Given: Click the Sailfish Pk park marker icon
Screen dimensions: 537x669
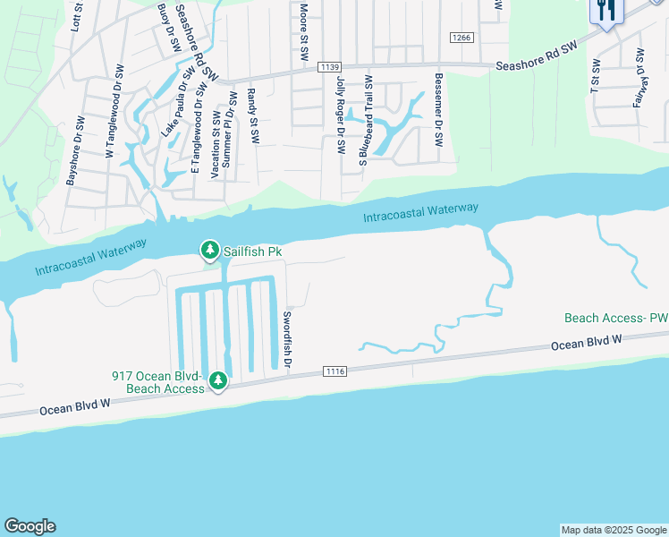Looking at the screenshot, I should click(209, 250).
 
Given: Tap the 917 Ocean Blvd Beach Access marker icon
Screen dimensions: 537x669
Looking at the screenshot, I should click(217, 382).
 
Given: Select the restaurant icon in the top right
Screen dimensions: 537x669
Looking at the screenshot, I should click(605, 11).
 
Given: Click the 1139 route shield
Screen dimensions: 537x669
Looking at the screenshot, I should click(329, 66).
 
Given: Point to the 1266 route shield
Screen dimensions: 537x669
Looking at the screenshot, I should click(461, 38).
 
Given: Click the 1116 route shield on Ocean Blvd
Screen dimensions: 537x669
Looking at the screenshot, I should click(334, 371).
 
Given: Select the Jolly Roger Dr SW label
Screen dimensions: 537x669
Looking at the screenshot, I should click(341, 115).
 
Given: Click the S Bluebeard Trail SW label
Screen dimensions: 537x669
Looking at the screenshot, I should click(364, 120).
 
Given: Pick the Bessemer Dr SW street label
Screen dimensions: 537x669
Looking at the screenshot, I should click(437, 110).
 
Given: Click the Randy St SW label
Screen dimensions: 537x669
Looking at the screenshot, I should click(252, 116).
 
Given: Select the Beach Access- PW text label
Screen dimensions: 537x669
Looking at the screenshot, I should click(616, 318).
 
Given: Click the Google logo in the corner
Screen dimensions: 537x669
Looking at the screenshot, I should click(30, 526).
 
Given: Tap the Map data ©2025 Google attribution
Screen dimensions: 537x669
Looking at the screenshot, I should click(613, 530).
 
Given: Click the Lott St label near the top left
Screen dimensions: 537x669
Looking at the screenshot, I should click(75, 16).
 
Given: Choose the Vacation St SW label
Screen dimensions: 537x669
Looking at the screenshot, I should click(215, 144).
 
